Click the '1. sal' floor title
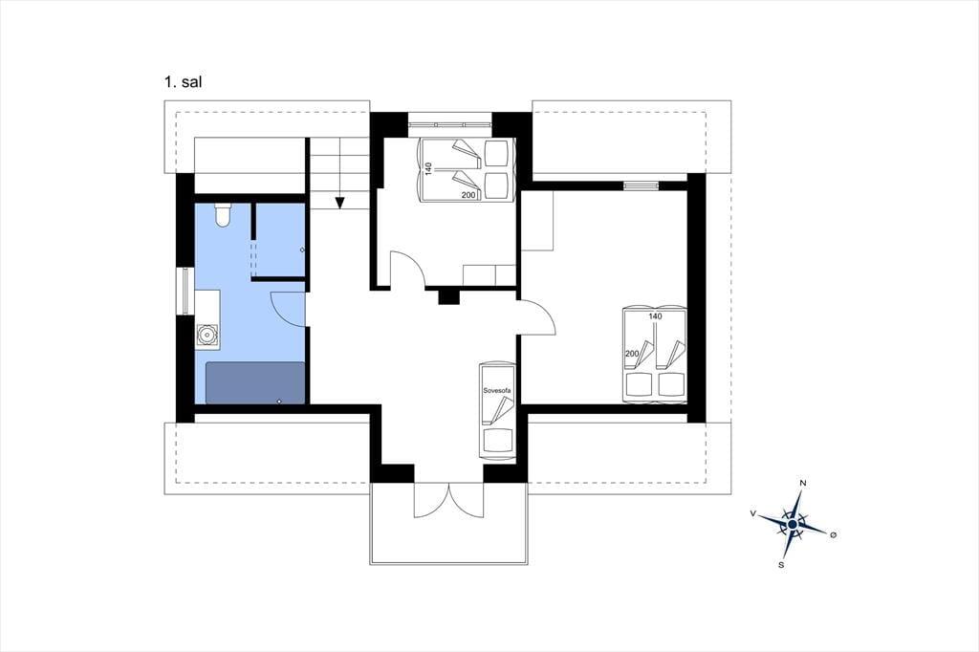tap(183, 82)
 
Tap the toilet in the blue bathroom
tap(222, 214)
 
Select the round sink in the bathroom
tap(207, 336)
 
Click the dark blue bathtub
tap(255, 382)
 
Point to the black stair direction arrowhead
tap(339, 203)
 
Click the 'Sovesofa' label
tap(497, 391)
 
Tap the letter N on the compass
tap(803, 484)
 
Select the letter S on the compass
tap(781, 565)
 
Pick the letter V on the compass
tap(753, 513)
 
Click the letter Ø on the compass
tap(833, 534)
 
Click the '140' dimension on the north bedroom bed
tap(428, 168)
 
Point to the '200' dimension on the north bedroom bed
tap(468, 195)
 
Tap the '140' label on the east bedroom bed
tap(655, 316)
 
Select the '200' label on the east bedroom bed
tap(632, 354)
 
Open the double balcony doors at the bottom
tap(448, 500)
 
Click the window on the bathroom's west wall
tap(185, 291)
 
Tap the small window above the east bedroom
tap(642, 185)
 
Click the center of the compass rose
tap(793, 525)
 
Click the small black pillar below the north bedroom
tap(448, 296)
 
